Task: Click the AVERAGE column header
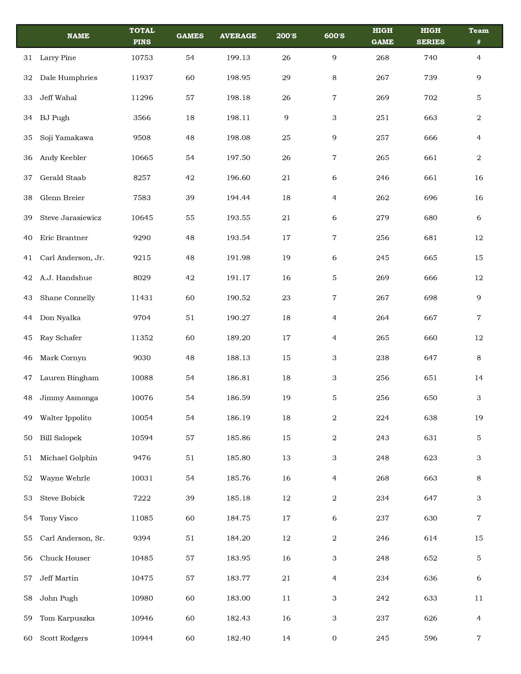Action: coord(238,36)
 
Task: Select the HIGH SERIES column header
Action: coord(431,36)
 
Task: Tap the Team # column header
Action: coord(478,36)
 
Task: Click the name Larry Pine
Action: coord(58,58)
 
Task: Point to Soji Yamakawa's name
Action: coord(67,138)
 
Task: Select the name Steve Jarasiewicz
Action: coord(71,218)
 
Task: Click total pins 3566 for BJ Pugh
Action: coord(142,118)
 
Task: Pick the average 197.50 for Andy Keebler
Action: coord(238,158)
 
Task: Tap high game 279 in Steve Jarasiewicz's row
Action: coord(382,218)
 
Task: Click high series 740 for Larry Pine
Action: coord(431,58)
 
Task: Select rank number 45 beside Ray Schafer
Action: coord(28,338)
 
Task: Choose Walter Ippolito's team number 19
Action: coord(478,418)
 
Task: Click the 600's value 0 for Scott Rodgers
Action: coord(334,638)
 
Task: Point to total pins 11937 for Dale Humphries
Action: coord(142,78)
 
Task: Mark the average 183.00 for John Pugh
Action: coord(238,598)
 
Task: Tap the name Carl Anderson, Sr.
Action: coord(72,538)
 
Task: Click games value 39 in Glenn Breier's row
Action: coord(190,198)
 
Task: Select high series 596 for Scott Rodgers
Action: coord(431,638)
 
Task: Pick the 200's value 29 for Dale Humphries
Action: coord(286,78)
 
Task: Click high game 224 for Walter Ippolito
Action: coord(382,418)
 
